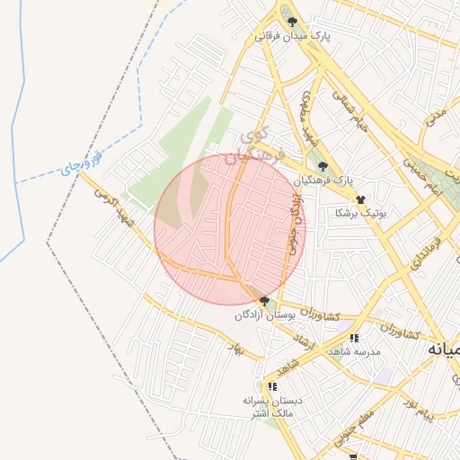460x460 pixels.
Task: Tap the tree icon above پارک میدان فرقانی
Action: pos(292,21)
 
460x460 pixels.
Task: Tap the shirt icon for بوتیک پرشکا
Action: pos(360,199)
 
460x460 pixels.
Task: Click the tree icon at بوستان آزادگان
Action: pos(264,301)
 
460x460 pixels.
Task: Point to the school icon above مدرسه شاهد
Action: pos(354,338)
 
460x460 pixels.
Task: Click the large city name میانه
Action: pos(443,347)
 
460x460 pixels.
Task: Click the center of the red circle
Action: pos(230,229)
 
